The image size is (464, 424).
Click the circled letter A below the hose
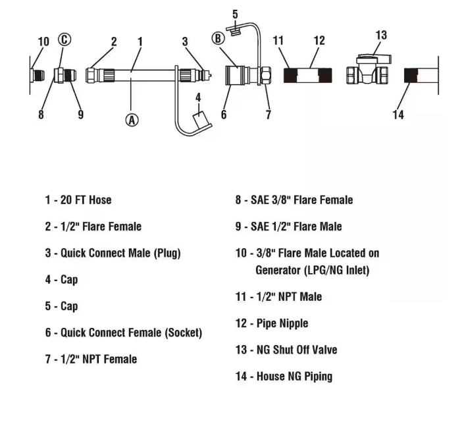(132, 120)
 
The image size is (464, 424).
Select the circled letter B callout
(218, 38)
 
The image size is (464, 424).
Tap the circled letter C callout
(64, 40)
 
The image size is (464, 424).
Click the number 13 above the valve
(381, 35)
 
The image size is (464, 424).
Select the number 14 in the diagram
(398, 115)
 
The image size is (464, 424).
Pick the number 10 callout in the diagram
(43, 41)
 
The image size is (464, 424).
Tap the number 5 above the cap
(235, 14)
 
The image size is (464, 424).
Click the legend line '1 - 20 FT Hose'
(78, 200)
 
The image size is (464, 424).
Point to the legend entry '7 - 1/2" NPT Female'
(91, 359)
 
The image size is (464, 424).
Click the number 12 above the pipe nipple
(319, 41)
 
